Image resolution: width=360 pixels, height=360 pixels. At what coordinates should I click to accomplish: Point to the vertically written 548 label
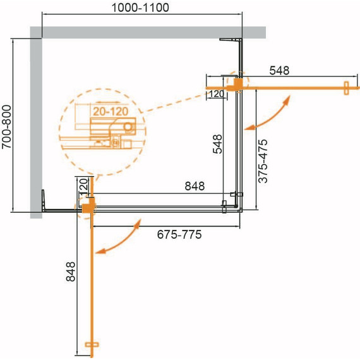(217, 144)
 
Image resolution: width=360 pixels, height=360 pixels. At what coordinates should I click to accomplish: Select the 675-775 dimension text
(179, 235)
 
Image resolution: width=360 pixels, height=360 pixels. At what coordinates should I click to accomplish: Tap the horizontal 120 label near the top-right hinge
(215, 94)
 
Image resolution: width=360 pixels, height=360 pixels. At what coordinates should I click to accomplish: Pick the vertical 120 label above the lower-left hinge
(82, 187)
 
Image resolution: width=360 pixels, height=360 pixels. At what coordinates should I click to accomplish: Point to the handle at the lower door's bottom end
(92, 345)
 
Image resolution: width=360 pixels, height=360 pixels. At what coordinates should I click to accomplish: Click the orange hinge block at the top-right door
(237, 83)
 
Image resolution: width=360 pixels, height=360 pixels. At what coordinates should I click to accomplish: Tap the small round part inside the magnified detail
(128, 127)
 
